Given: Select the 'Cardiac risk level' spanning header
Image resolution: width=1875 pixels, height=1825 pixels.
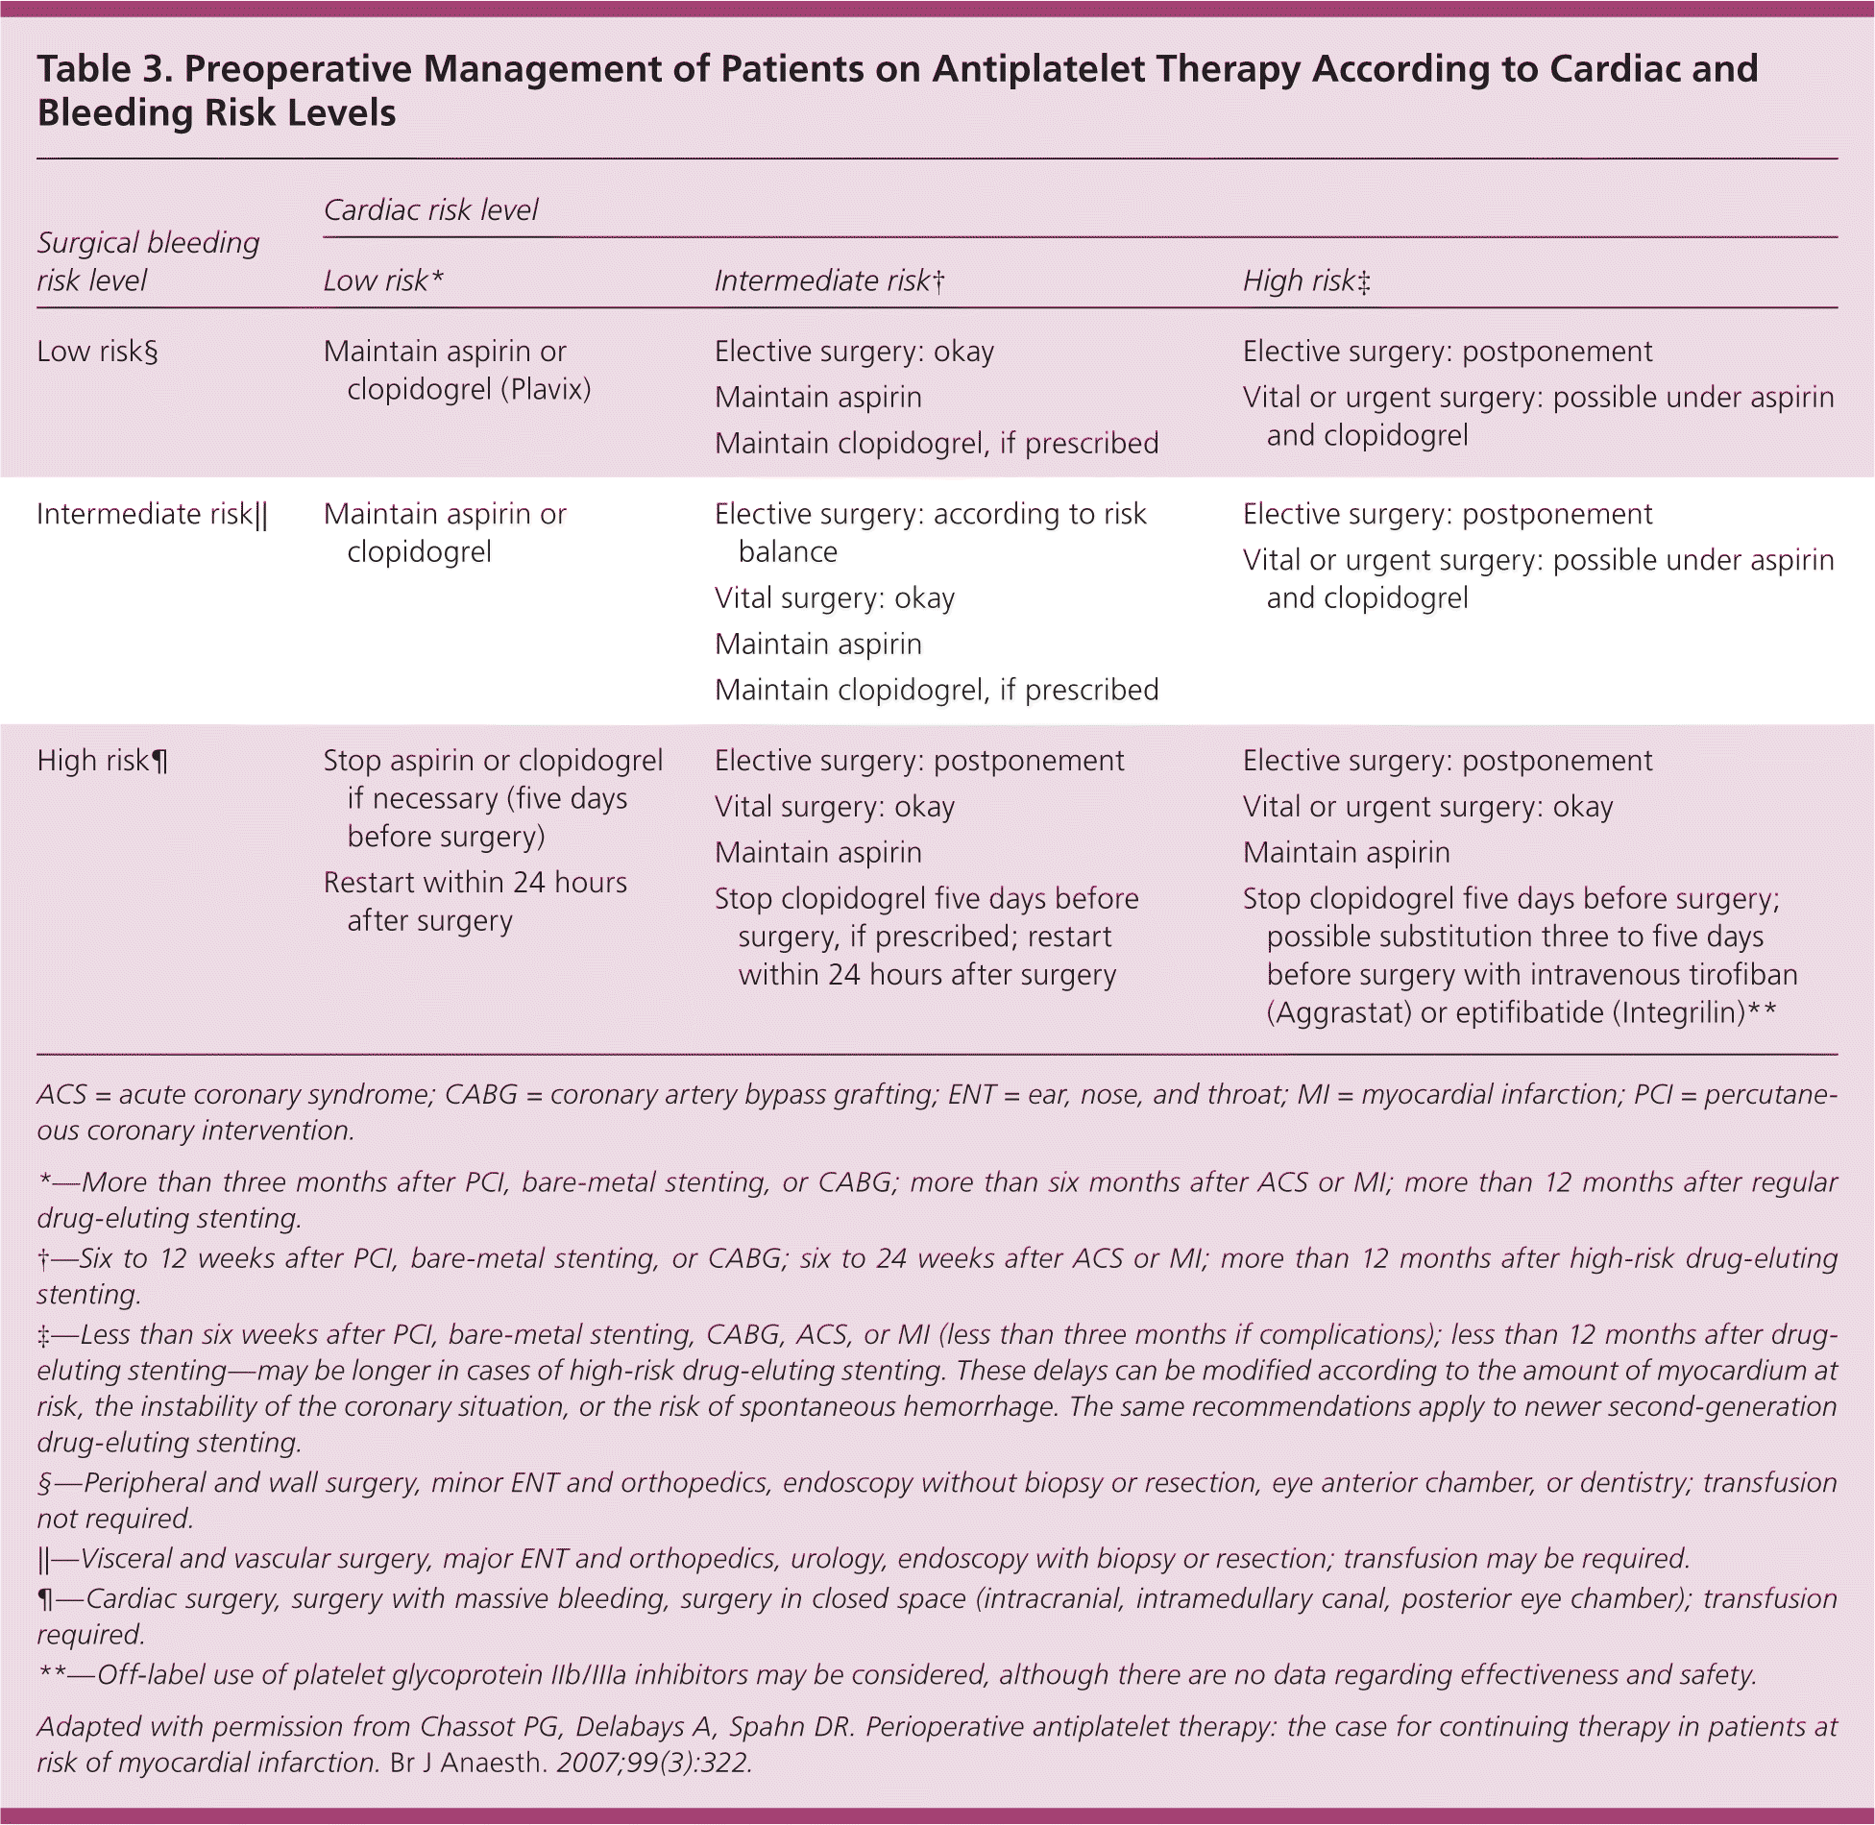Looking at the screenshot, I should (x=430, y=209).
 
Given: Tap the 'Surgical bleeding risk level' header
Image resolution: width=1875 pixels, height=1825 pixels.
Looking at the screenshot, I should (x=148, y=261).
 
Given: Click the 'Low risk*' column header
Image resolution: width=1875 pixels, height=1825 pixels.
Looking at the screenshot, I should (x=383, y=280).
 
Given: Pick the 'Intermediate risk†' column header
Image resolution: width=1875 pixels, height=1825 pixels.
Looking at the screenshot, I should (x=830, y=280).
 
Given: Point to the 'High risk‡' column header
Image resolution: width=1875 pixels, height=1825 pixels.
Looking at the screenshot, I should (x=1306, y=280).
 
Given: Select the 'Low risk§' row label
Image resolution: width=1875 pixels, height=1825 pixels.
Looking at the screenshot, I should (x=97, y=352).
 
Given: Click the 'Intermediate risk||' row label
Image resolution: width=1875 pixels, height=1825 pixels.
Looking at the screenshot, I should (x=152, y=515).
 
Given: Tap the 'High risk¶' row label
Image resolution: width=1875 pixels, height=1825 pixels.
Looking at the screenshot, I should (x=103, y=761).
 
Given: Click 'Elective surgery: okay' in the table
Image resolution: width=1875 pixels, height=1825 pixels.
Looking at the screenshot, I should (x=854, y=352).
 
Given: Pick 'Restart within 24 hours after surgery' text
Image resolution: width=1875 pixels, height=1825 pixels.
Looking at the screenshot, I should (x=475, y=901).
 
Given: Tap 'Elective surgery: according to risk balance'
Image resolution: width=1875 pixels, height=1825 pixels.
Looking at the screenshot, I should (x=930, y=532).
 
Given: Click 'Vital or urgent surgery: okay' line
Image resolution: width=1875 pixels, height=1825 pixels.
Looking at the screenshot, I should (x=1427, y=807).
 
